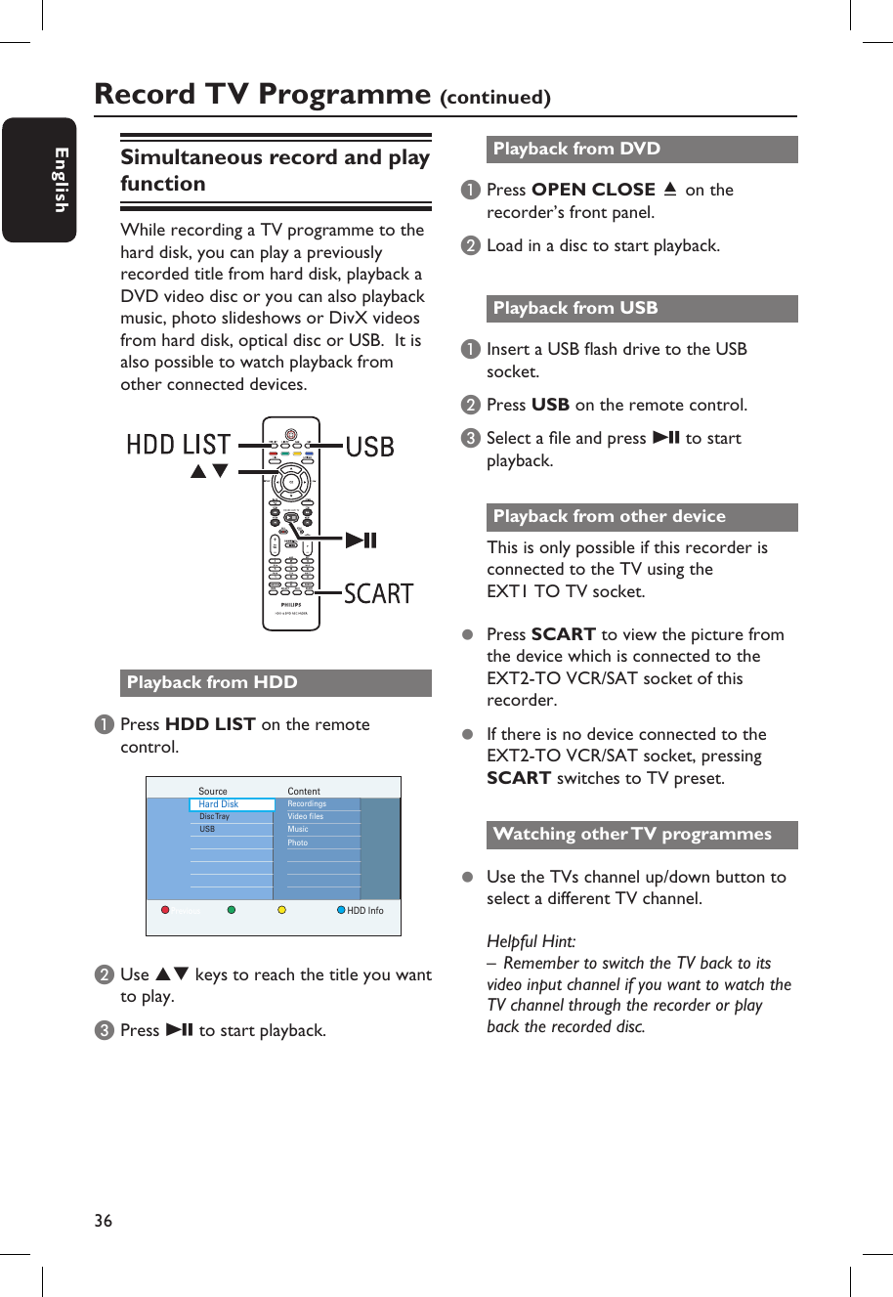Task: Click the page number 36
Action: [104, 1220]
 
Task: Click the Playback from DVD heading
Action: [576, 149]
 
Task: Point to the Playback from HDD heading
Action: [212, 682]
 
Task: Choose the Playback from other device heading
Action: [609, 516]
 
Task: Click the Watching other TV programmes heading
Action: [632, 834]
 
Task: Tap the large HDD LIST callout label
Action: [179, 445]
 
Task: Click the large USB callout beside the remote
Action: [370, 447]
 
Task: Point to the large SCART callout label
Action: [378, 593]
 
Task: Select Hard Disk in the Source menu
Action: [219, 804]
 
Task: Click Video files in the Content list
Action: [306, 816]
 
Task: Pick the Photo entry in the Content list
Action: [298, 843]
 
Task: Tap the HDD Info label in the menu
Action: [365, 910]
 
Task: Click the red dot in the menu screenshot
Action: [165, 910]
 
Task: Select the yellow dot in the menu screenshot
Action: [281, 910]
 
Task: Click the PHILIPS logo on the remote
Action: [291, 605]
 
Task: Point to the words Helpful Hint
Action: [532, 941]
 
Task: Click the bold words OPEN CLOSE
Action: [593, 190]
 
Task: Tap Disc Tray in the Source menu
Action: [215, 816]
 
